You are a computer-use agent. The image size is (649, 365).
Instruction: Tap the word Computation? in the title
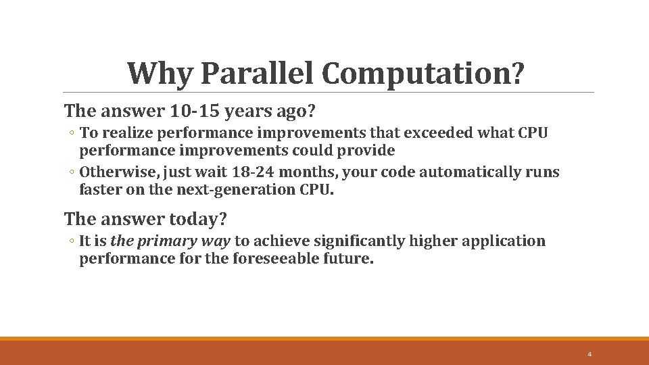[x=423, y=73]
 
